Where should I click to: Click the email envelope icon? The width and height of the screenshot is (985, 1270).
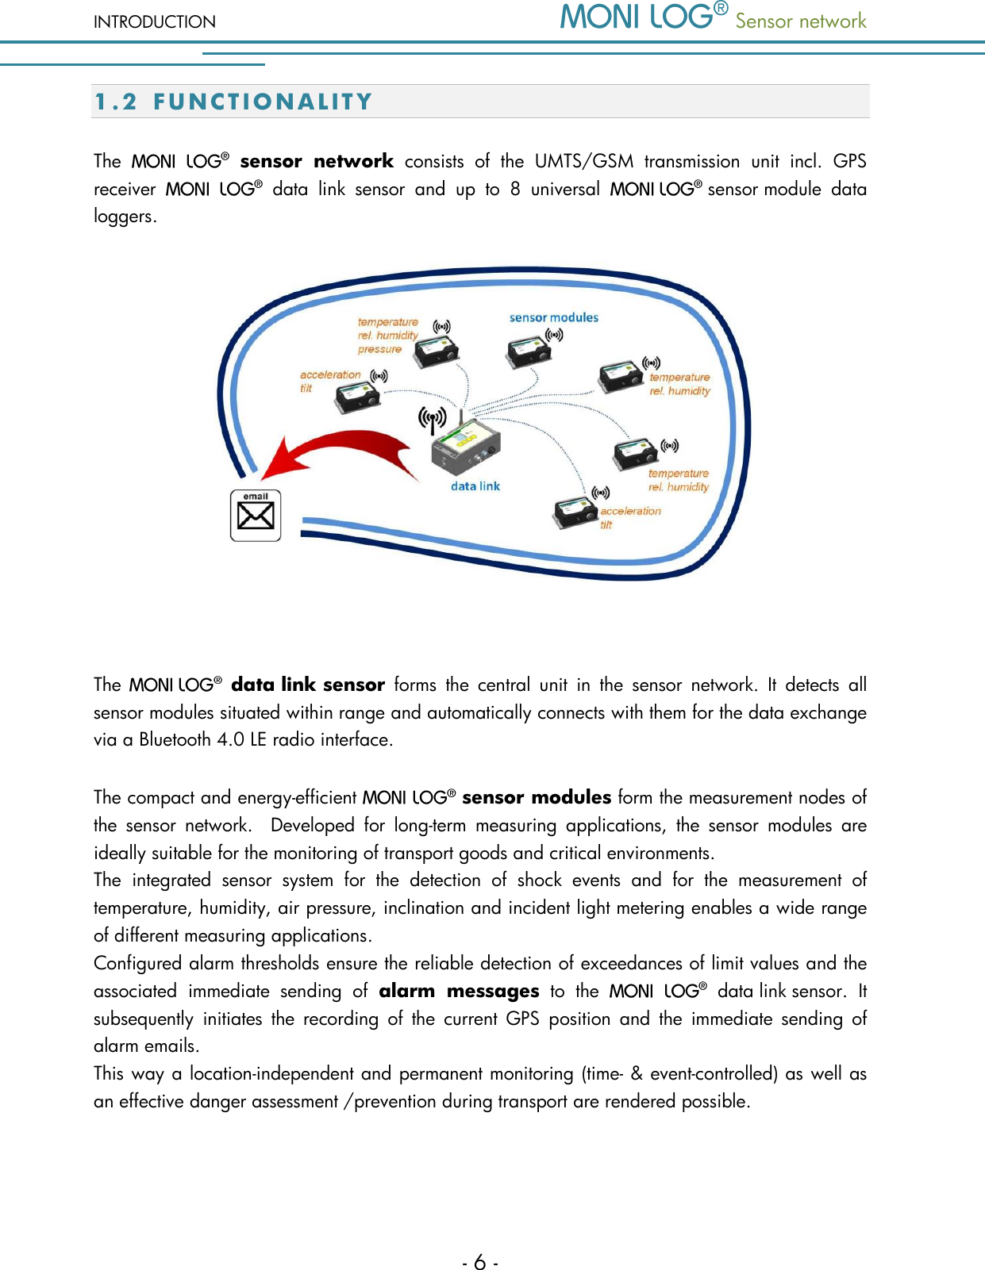pos(256,516)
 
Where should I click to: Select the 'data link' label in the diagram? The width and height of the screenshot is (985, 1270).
pos(475,486)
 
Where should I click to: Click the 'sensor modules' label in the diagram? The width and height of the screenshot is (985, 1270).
pos(553,317)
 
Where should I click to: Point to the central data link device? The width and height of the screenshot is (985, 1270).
pos(465,448)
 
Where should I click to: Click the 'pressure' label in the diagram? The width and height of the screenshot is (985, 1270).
pos(379,349)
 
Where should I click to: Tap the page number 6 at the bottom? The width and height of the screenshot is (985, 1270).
pos(480,1261)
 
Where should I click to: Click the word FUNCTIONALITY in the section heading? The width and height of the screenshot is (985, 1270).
pos(263,102)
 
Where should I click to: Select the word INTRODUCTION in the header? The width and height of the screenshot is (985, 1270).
pos(155,21)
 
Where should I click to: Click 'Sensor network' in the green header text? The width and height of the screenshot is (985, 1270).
pos(800,21)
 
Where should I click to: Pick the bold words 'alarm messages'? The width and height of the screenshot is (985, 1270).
pos(459,991)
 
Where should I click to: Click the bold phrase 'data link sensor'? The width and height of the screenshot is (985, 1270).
pos(308,685)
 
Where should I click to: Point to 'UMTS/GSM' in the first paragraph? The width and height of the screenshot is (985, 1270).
pos(584,161)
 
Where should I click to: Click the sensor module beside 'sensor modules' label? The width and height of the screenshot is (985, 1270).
pos(527,351)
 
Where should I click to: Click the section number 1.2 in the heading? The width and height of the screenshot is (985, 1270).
pos(116,102)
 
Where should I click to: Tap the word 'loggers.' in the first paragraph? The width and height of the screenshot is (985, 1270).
pos(125,216)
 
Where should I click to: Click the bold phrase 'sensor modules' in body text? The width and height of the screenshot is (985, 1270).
pos(537,797)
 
